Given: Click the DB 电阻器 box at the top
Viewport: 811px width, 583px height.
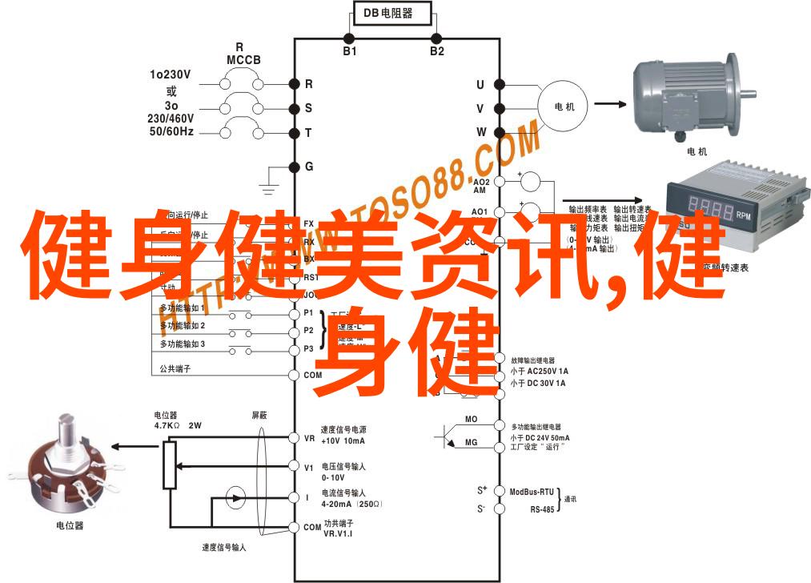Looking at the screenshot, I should tap(393, 13).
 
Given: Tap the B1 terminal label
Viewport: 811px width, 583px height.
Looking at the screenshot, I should tap(350, 51).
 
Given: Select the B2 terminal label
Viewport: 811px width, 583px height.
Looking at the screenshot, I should tap(436, 51).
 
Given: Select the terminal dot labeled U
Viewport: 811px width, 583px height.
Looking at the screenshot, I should tap(498, 83).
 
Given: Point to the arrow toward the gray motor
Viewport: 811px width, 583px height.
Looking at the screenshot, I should tap(609, 103).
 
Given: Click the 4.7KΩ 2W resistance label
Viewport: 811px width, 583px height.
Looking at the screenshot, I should tap(177, 426).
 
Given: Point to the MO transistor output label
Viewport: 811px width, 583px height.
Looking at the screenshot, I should tap(471, 419).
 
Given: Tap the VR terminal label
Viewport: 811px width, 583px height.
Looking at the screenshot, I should tap(309, 438).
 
